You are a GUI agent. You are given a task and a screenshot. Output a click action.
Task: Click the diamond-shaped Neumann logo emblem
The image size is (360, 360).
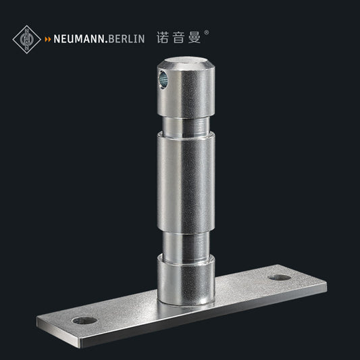coord(27,39)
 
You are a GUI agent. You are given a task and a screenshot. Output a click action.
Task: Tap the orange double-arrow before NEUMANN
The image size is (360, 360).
coord(48,40)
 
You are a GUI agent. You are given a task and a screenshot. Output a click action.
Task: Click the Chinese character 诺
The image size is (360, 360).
coord(163,38)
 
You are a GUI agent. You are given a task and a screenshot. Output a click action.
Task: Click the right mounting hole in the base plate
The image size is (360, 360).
coord(278,277)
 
